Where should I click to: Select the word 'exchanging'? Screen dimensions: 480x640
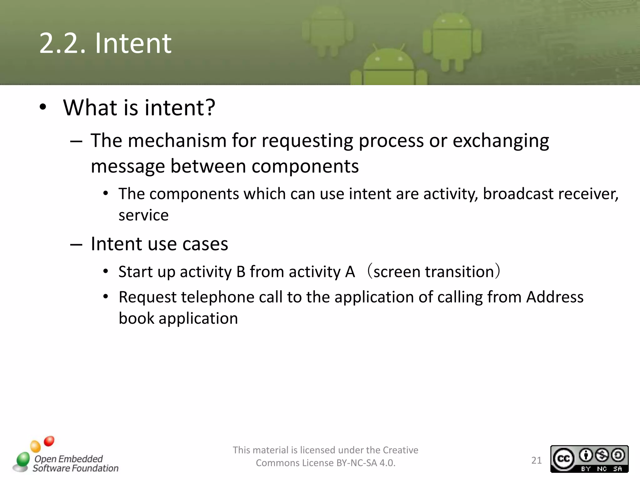coord(501,141)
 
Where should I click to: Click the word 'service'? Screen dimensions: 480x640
coord(143,215)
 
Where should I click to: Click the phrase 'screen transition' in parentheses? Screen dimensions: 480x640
coord(433,272)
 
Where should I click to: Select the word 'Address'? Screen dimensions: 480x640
coord(555,297)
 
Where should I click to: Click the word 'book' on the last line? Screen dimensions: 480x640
coord(136,318)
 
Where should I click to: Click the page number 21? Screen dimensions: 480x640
coord(536,460)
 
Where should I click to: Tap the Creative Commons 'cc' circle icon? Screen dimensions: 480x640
coord(563,459)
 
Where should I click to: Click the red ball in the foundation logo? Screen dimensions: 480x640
coord(49,441)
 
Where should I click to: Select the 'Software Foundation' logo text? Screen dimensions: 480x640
coord(75,468)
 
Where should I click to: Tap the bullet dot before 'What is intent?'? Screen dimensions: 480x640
coord(43,107)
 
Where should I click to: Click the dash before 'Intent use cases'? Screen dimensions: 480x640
coord(76,244)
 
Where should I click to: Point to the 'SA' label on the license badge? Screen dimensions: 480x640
coord(617,469)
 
